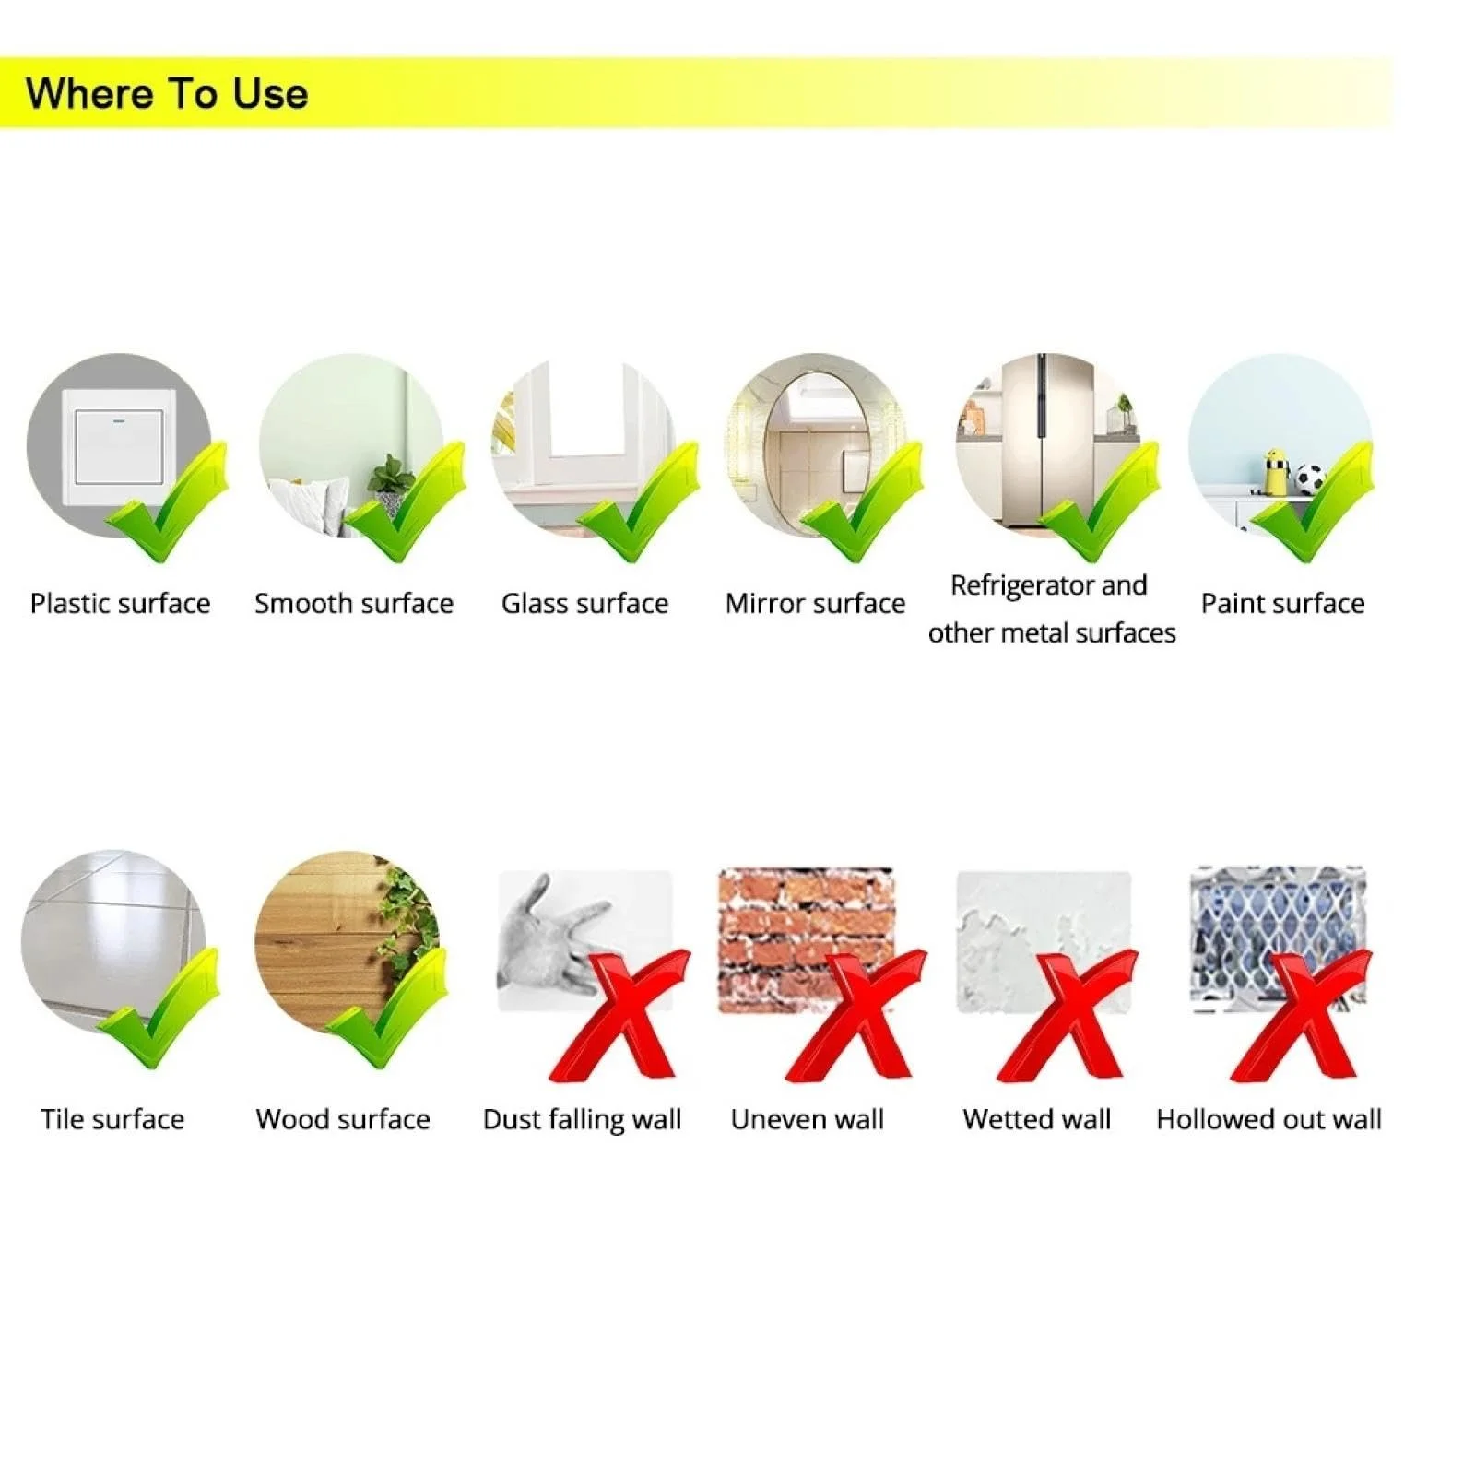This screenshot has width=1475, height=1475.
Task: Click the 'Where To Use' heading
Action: click(x=167, y=94)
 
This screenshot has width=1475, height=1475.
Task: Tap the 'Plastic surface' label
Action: click(x=121, y=604)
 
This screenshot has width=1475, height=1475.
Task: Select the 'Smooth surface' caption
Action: click(x=354, y=604)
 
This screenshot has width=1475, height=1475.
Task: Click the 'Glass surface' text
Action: click(x=585, y=604)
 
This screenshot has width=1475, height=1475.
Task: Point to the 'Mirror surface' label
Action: click(x=816, y=604)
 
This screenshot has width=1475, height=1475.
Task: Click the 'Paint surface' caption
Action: click(x=1283, y=604)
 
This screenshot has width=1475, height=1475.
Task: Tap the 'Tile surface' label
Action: click(x=112, y=1119)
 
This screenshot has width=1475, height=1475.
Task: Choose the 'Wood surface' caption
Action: click(x=343, y=1119)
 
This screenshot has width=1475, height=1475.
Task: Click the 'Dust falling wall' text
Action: click(x=583, y=1120)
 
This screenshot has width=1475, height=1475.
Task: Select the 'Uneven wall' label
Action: click(x=808, y=1119)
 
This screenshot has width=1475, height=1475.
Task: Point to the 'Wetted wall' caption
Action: click(x=1037, y=1119)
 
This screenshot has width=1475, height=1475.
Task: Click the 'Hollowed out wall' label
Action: click(x=1269, y=1119)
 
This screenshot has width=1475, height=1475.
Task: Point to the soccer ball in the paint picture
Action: click(x=1310, y=478)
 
